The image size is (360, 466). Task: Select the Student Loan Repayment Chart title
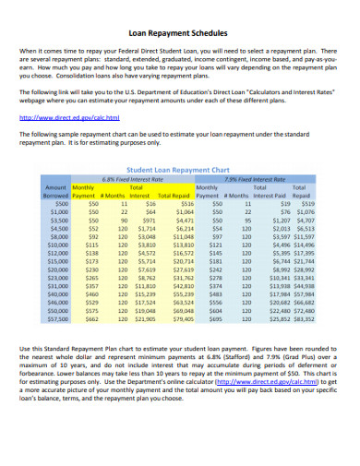pyautogui.click(x=179, y=170)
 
